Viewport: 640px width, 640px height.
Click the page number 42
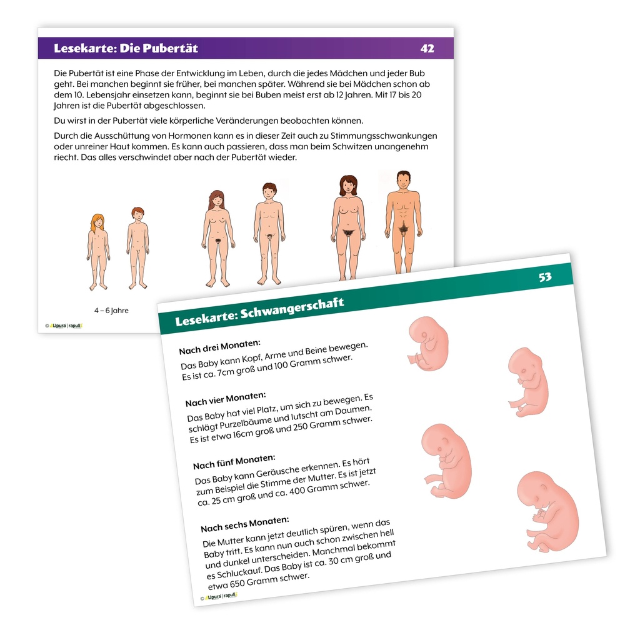pos(427,49)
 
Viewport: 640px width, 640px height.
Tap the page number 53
pos(545,277)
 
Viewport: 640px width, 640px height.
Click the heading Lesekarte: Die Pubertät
pos(126,48)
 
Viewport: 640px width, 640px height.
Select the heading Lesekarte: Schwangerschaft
pos(259,312)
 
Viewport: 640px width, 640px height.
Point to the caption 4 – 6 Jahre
pos(111,311)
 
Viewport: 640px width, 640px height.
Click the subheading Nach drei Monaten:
pos(219,347)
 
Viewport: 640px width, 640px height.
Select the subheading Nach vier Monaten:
pos(226,399)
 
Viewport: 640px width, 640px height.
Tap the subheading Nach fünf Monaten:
pos(234,462)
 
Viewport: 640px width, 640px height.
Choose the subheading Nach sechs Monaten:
pos(245,524)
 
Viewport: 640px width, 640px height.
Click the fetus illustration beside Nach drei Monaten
pos(428,343)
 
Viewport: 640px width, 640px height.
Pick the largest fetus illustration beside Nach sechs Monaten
pos(547,511)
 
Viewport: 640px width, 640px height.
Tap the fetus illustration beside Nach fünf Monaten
pos(446,461)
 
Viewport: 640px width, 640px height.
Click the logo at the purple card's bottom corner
pos(64,326)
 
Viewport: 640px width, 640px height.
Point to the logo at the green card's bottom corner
pos(219,597)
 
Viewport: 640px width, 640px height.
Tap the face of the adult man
pos(404,181)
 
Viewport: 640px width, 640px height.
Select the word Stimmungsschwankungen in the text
pos(384,136)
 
